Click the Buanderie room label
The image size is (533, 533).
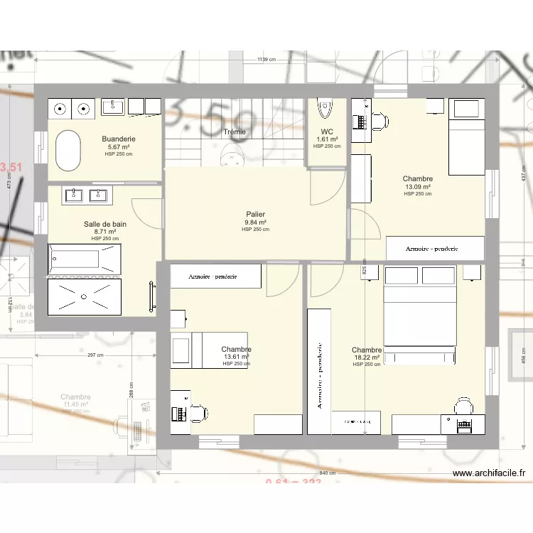point(119,139)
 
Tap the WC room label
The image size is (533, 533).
point(327,131)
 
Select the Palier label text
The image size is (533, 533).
point(256,214)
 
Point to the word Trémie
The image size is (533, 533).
point(235,132)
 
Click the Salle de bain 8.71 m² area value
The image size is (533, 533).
point(105,232)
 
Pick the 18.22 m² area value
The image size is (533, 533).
point(367,357)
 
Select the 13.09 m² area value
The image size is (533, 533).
point(418,187)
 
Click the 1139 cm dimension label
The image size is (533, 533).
point(266,60)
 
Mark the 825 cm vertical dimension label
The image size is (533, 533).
point(365,271)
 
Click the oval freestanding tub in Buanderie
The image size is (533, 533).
point(69,150)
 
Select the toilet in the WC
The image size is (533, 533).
point(325,108)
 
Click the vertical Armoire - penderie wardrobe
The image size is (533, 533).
point(319,372)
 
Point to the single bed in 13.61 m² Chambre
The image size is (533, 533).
point(210,350)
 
